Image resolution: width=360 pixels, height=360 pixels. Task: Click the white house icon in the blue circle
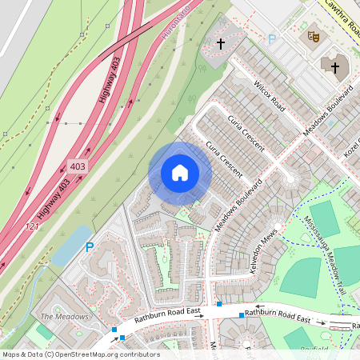[180, 173]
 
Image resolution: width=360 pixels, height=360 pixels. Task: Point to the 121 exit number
[32, 227]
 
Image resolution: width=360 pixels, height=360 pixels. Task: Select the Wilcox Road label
[268, 95]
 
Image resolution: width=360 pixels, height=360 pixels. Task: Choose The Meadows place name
[64, 317]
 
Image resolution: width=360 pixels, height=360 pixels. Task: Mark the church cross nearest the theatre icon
[334, 67]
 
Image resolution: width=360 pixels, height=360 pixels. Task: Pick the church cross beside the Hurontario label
[221, 43]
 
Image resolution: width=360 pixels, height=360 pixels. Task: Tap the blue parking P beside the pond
[89, 248]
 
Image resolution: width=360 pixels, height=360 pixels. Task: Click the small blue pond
[68, 246]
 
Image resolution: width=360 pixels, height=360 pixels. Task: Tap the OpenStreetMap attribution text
[80, 354]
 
